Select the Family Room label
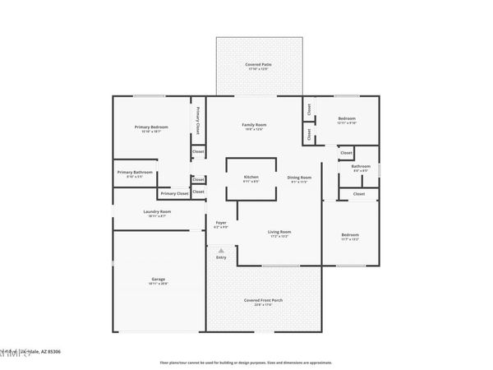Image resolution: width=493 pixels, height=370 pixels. pyautogui.click(x=254, y=125)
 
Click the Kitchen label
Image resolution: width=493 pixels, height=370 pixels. pyautogui.click(x=251, y=178)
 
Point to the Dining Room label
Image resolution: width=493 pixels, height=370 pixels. pyautogui.click(x=299, y=178)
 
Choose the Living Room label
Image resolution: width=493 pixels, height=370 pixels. pyautogui.click(x=279, y=233)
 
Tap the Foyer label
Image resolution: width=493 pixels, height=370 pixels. pyautogui.click(x=221, y=223)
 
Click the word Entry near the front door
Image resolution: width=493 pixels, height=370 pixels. pyautogui.click(x=221, y=258)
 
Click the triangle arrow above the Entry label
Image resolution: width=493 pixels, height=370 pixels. pyautogui.click(x=221, y=249)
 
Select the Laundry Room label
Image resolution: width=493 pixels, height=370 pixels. pyautogui.click(x=157, y=212)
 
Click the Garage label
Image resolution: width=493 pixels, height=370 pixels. pyautogui.click(x=158, y=280)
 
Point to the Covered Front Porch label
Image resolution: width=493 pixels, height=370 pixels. pyautogui.click(x=263, y=301)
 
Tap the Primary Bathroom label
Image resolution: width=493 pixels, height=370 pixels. pyautogui.click(x=135, y=173)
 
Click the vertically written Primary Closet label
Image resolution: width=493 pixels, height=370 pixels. pyautogui.click(x=198, y=120)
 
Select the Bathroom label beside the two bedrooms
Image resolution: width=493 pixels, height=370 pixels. pyautogui.click(x=361, y=167)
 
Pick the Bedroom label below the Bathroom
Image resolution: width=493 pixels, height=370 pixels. pyautogui.click(x=350, y=236)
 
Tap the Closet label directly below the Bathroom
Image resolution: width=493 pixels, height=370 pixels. pyautogui.click(x=359, y=194)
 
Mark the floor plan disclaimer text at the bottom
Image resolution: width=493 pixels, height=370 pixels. pyautogui.click(x=246, y=362)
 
